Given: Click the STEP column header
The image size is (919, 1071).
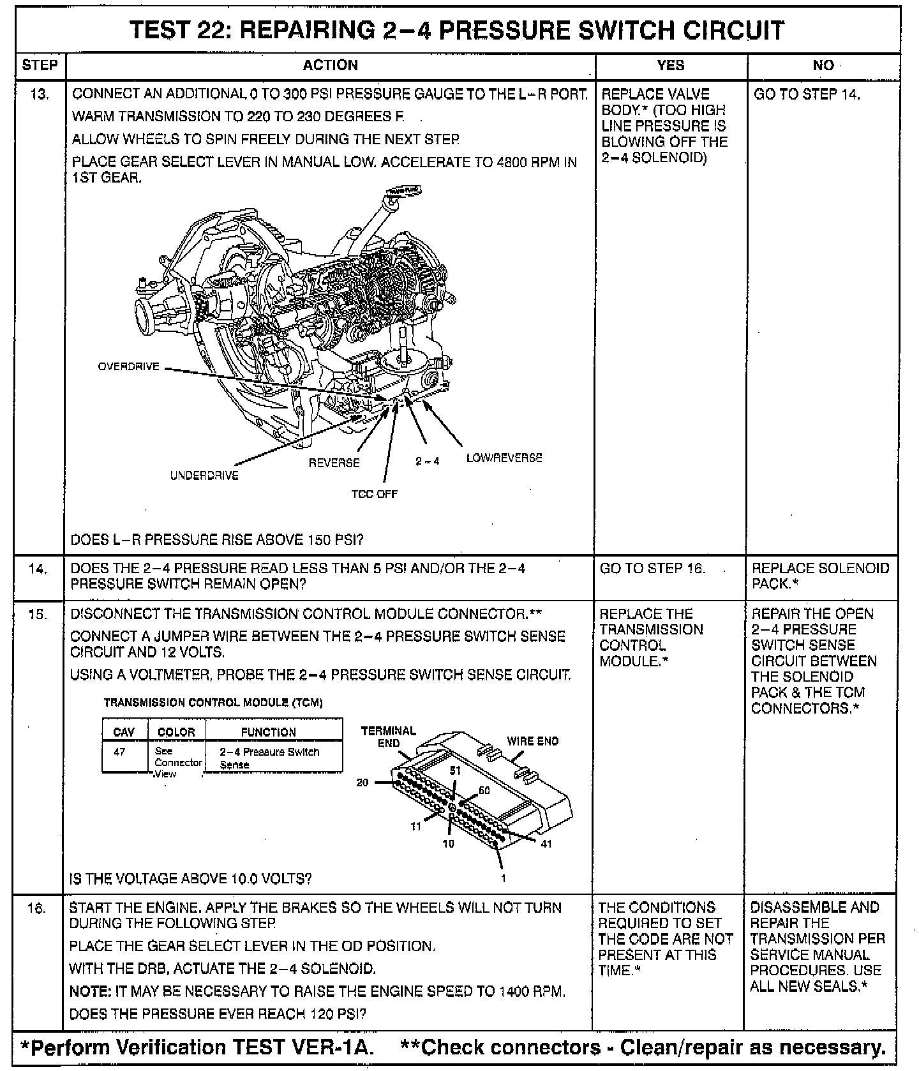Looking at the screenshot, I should point(40,65).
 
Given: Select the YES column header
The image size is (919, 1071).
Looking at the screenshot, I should point(670,65).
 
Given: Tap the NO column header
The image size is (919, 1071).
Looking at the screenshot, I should point(823,65).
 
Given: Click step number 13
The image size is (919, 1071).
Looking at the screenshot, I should point(40,94).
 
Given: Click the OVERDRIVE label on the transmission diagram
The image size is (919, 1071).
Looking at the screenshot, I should point(128,367).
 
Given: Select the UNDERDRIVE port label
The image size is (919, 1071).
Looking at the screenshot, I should point(204,476).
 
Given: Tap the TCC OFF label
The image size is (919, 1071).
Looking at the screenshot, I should point(374,494).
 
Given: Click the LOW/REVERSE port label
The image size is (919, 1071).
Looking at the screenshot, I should point(504,458).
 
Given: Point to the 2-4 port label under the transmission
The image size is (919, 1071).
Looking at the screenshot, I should point(428,461).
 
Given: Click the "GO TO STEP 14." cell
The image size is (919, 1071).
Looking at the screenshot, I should point(807,94).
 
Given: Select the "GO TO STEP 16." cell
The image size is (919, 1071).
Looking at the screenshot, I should point(652,569).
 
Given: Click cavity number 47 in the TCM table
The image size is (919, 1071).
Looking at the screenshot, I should point(119,752).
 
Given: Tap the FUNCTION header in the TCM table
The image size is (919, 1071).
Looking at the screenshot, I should point(268,732).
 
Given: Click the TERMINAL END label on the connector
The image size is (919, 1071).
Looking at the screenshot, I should point(388,736).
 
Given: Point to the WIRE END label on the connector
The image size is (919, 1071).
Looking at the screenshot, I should point(532,741).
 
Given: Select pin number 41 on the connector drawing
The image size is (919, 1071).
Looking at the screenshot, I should point(546,844).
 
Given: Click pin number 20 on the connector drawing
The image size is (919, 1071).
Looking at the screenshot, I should point(362,783).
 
